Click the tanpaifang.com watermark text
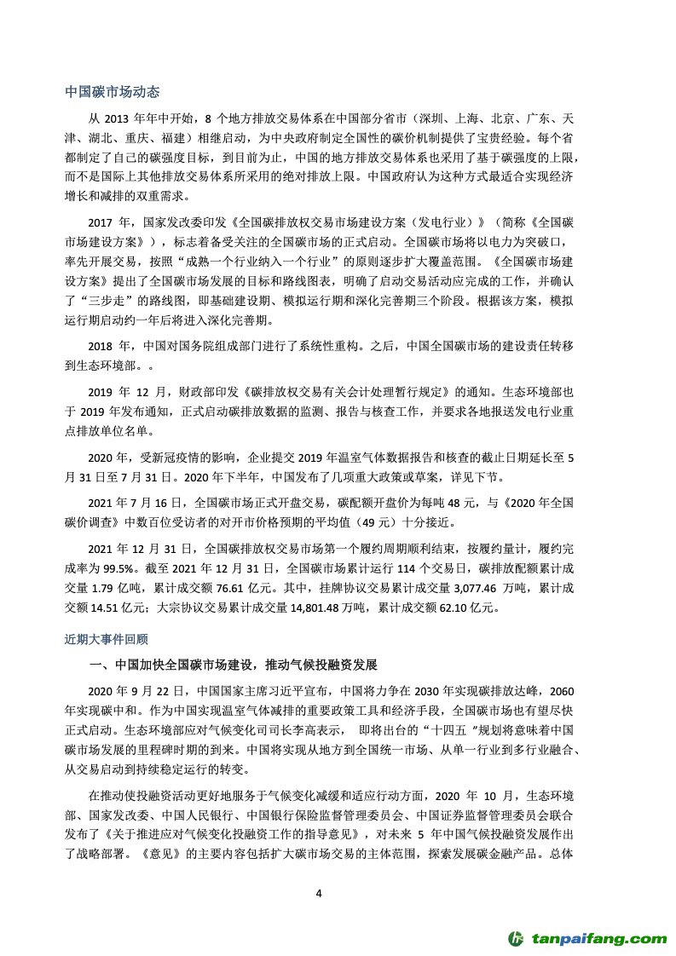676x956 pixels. (x=600, y=938)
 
